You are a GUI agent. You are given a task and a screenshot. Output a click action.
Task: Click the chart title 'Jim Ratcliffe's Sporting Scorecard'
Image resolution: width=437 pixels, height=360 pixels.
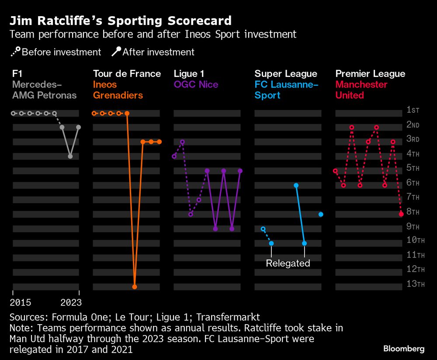tap(120, 21)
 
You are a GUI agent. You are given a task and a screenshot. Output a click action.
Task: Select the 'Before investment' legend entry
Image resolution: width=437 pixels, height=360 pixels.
tap(55, 52)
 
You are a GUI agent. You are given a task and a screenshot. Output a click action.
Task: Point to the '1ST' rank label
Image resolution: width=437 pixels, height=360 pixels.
tap(413, 110)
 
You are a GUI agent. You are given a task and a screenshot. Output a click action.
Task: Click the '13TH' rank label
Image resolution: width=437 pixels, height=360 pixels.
tap(415, 284)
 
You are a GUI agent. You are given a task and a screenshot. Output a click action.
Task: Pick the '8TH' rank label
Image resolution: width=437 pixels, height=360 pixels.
tap(413, 212)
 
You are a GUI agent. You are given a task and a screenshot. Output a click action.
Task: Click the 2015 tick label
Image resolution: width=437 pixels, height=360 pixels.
tap(20, 302)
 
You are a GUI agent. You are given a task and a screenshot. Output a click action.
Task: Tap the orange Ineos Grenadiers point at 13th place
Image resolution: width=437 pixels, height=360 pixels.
tap(135, 287)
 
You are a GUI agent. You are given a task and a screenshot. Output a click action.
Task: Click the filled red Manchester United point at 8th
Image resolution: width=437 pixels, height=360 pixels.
tap(401, 214)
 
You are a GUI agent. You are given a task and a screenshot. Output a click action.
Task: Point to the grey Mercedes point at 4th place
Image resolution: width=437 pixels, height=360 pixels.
tap(70, 156)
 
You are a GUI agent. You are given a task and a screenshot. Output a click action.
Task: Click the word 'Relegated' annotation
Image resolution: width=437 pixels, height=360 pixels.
tap(288, 263)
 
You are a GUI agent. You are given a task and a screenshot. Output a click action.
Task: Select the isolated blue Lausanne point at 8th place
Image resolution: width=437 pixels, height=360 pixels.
tap(321, 214)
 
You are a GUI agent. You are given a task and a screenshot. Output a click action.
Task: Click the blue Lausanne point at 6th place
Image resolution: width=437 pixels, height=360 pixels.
tap(296, 185)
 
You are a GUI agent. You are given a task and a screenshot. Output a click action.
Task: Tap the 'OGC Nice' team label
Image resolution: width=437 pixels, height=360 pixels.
tap(196, 85)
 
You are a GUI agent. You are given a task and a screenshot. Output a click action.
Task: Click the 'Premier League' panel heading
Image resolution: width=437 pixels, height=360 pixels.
tap(370, 74)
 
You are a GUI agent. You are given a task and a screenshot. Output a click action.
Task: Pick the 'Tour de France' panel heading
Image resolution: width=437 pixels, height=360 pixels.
tap(127, 74)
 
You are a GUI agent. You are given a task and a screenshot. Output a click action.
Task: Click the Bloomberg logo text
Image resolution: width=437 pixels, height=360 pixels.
tap(404, 349)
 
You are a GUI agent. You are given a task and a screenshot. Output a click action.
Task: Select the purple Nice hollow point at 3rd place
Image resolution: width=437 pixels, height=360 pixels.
tap(182, 142)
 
